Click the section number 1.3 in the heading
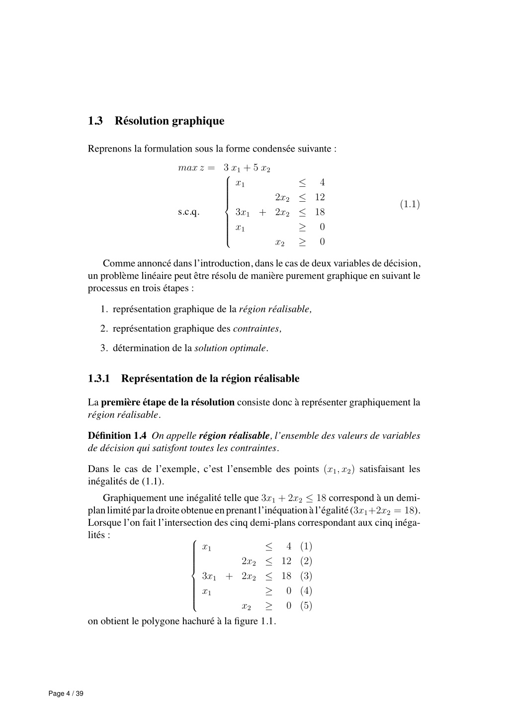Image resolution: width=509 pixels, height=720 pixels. click(95, 121)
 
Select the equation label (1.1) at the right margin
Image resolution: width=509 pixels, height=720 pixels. click(410, 204)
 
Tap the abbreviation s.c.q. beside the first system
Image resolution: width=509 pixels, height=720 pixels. click(189, 213)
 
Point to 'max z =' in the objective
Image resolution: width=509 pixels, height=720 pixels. click(196, 168)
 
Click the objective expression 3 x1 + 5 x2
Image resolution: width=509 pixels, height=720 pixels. click(247, 168)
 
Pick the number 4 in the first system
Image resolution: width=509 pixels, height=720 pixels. click(322, 182)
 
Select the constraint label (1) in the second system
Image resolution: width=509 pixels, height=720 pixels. click(306, 547)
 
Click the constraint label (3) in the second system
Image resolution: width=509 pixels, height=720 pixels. click(306, 576)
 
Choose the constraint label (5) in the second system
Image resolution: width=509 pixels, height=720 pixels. click(306, 606)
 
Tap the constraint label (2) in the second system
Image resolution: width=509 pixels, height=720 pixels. click(306, 561)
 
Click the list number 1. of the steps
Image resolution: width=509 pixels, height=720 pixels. click(104, 310)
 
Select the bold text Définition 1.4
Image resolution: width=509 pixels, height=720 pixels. click(117, 436)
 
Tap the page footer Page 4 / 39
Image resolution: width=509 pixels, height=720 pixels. click(66, 694)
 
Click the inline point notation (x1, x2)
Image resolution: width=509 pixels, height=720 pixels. click(339, 470)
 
